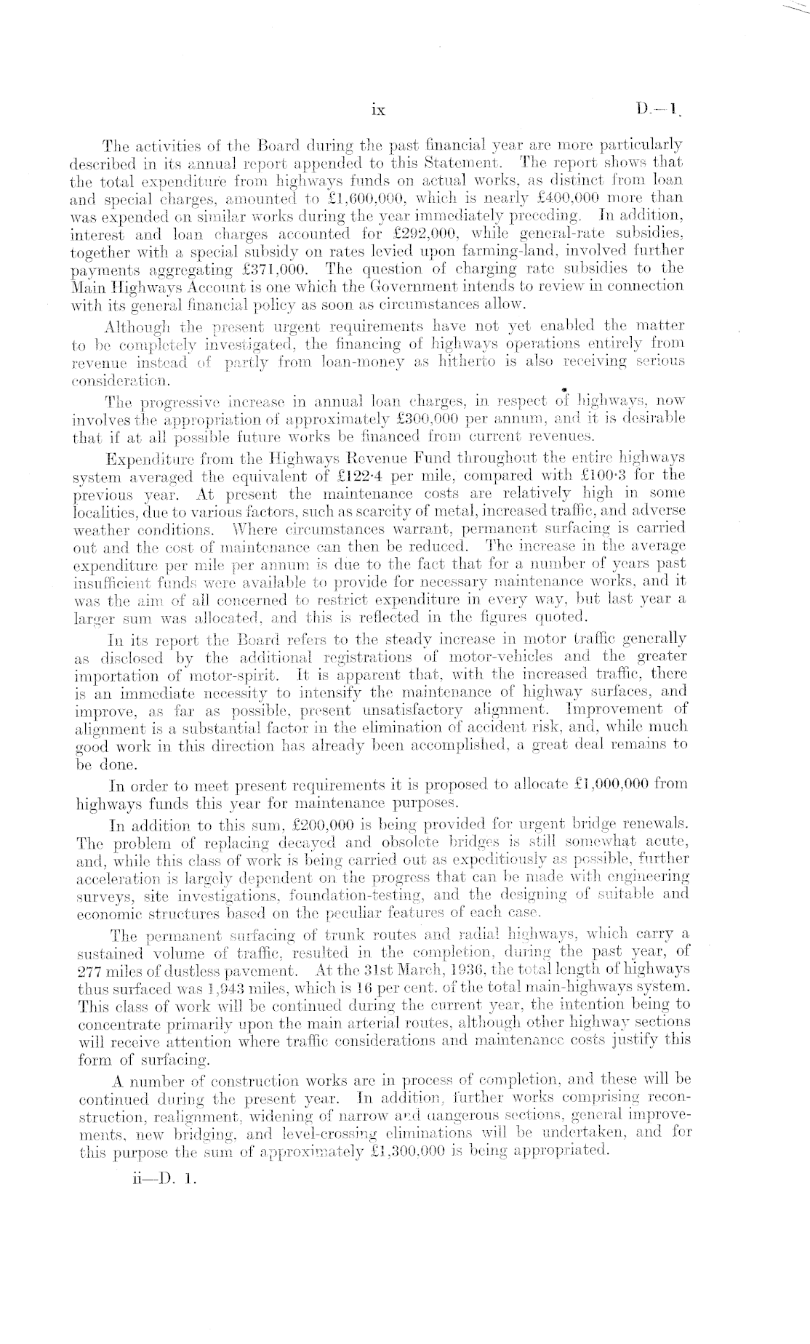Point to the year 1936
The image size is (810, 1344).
click(x=466, y=969)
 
